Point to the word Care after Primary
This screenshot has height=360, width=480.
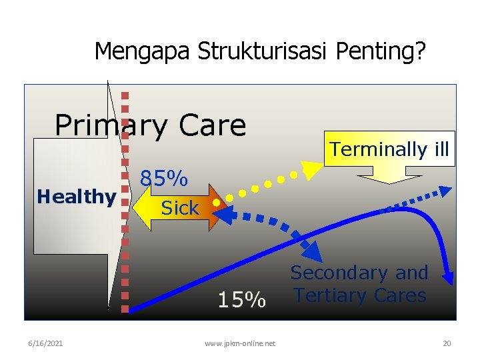210,125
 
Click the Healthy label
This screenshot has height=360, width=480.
76,197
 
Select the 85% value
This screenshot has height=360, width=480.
163,179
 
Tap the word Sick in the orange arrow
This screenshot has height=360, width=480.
180,208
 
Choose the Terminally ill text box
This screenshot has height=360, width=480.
389,149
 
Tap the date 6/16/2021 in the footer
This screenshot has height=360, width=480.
46,343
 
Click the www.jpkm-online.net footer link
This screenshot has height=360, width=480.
240,343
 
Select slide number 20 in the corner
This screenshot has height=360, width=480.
447,343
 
